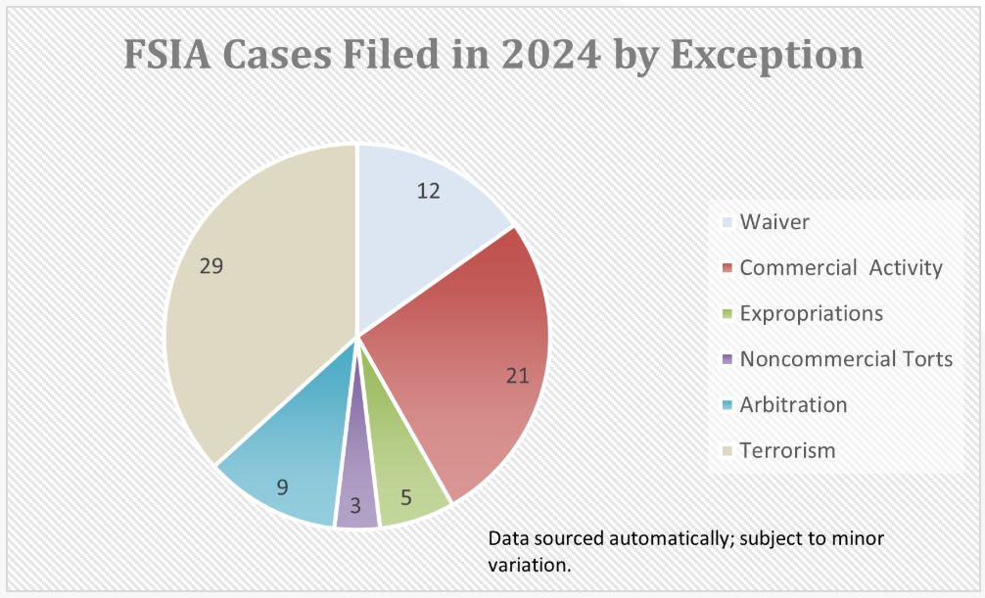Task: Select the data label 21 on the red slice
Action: [516, 376]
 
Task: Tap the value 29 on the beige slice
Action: [211, 265]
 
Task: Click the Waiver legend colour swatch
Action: [727, 223]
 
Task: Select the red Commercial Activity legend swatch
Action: [727, 268]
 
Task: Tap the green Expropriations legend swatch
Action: [727, 314]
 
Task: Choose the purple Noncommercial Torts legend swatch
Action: [727, 359]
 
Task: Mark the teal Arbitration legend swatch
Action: [727, 405]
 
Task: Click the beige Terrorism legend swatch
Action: [727, 451]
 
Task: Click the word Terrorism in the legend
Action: [787, 450]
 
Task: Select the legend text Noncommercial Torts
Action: [846, 359]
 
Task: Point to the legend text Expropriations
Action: [811, 314]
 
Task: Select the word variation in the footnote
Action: [530, 565]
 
